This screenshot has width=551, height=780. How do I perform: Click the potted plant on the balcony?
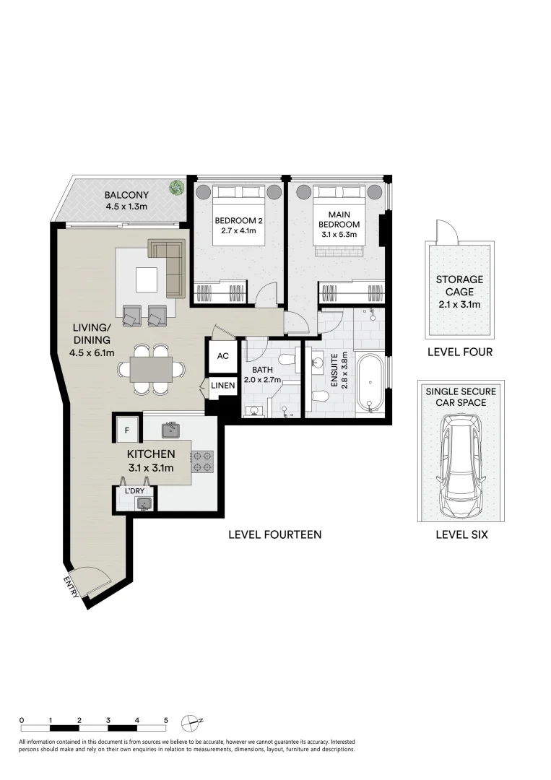point(176,188)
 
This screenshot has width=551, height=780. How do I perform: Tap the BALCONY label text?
point(126,195)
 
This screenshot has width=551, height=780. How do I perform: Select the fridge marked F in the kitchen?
point(127,430)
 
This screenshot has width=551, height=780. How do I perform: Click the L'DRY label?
point(135,491)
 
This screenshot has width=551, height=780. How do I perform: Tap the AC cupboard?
point(223,356)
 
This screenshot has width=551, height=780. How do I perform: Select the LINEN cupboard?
point(223,386)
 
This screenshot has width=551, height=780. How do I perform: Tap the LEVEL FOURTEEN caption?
point(274,535)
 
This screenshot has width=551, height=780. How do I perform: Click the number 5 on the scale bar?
point(165,720)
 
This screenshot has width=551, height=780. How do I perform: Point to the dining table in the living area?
point(152,370)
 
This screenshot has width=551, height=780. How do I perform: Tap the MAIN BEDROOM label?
point(344,220)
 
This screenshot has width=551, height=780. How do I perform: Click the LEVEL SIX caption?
point(461,535)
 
